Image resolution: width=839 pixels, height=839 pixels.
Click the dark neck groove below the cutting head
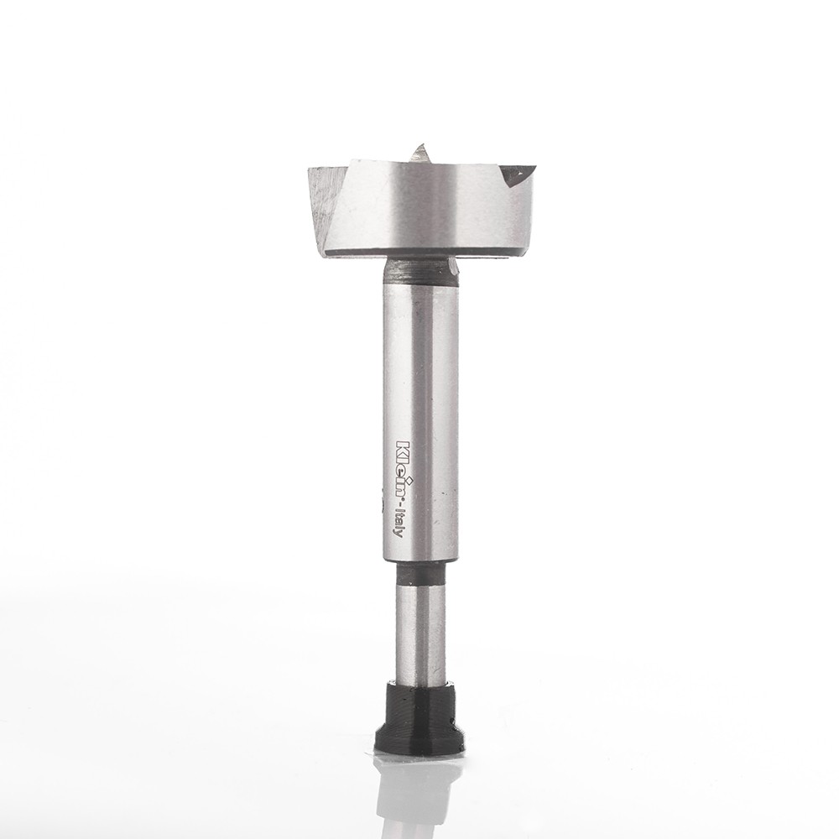420,269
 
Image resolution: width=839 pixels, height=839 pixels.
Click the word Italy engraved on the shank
402,524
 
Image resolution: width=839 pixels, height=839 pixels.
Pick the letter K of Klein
403,446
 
